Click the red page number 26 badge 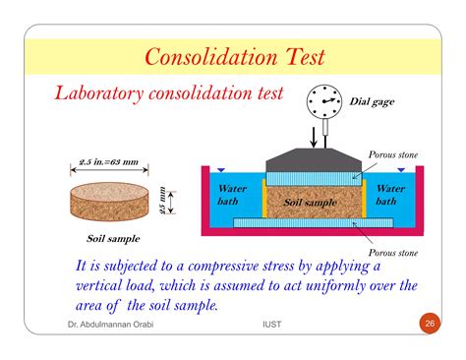(429, 323)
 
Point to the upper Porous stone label (393, 155)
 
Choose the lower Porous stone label (393, 253)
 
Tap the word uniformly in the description (331, 285)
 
